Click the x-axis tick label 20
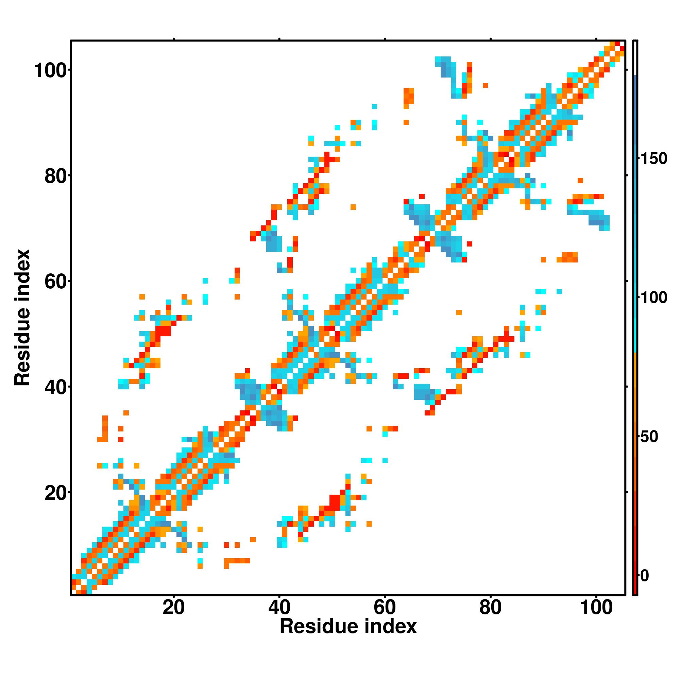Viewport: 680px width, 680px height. pyautogui.click(x=173, y=608)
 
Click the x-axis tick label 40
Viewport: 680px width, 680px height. pyautogui.click(x=279, y=608)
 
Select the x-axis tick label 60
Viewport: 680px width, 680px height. pyautogui.click(x=385, y=608)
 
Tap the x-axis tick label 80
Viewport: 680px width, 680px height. pyautogui.click(x=490, y=608)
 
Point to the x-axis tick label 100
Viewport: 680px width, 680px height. pyautogui.click(x=596, y=608)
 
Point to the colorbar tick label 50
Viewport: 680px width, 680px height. pyautogui.click(x=649, y=437)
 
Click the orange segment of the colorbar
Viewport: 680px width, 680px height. pyautogui.click(x=635, y=387)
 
